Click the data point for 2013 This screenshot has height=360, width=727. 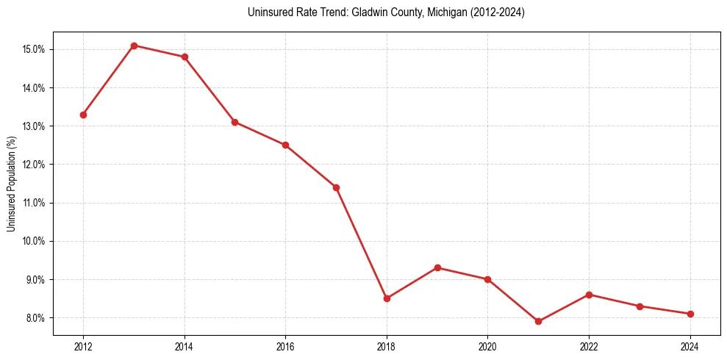tap(134, 46)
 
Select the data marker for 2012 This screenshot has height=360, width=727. tap(83, 115)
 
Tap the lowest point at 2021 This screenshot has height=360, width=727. tap(538, 321)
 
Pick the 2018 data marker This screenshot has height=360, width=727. tap(387, 298)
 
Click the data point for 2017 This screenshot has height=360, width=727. tap(336, 187)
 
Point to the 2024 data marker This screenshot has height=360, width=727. tap(690, 314)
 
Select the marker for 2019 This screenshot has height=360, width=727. tap(437, 267)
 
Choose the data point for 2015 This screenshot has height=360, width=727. tap(234, 122)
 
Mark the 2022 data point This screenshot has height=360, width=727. tap(589, 295)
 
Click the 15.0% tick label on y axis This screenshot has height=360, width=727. tap(35, 49)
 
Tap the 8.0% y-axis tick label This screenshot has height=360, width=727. tap(35, 317)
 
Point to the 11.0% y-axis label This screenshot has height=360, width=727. tap(35, 203)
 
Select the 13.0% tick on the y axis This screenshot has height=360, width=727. tap(35, 126)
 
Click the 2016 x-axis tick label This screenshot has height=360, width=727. tap(285, 346)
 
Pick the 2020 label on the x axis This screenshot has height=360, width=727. tap(487, 346)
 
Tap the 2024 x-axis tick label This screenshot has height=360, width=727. tap(690, 346)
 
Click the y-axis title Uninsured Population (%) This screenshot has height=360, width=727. tap(11, 184)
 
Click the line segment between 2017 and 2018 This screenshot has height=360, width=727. tap(361, 242)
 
